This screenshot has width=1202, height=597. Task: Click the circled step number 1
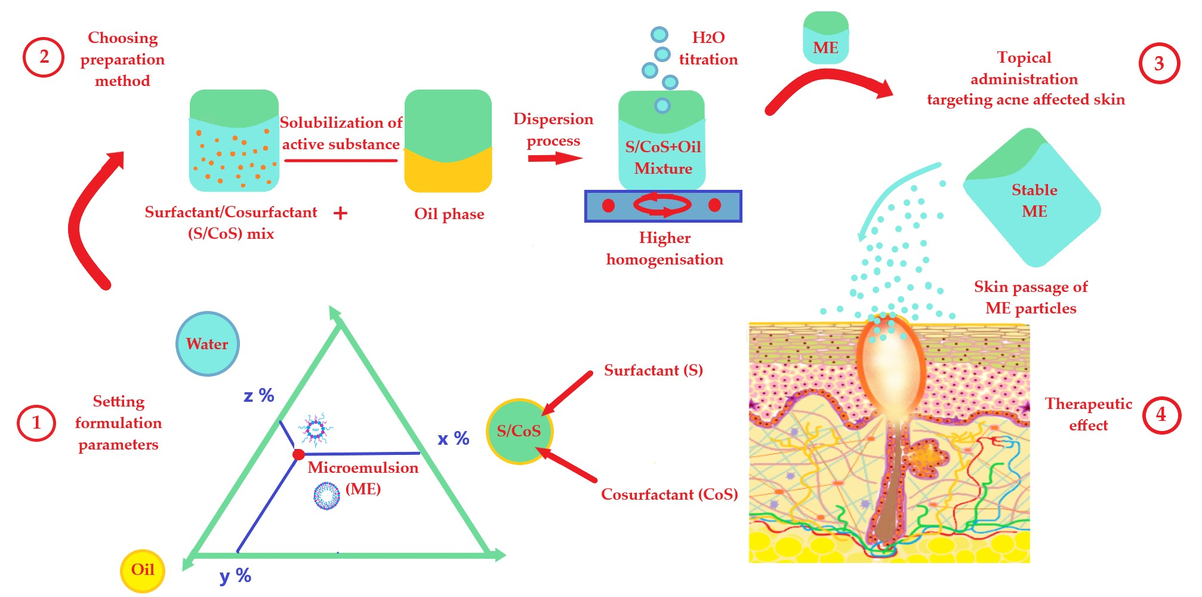36,423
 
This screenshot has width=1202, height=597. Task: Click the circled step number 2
44,57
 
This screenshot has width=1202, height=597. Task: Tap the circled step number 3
1158,63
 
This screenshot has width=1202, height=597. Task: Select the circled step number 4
1161,415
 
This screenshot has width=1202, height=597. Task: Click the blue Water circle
207,344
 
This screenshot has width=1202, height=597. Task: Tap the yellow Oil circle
143,570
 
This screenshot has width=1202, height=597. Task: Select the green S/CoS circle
519,431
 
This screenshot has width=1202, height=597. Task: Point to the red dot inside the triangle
298,455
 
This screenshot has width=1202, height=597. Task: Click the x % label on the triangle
453,439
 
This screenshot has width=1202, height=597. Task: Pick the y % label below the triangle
235,576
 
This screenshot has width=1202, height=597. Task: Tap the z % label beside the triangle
258,395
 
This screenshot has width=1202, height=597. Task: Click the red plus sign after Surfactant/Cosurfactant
340,213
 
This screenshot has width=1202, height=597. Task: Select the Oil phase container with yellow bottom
448,141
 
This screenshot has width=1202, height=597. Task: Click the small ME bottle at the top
825,39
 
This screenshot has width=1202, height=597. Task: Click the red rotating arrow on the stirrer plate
662,205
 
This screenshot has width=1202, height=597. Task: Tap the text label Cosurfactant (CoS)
669,494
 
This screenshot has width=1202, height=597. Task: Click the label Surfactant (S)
653,370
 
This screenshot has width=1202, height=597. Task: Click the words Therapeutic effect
1088,414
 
